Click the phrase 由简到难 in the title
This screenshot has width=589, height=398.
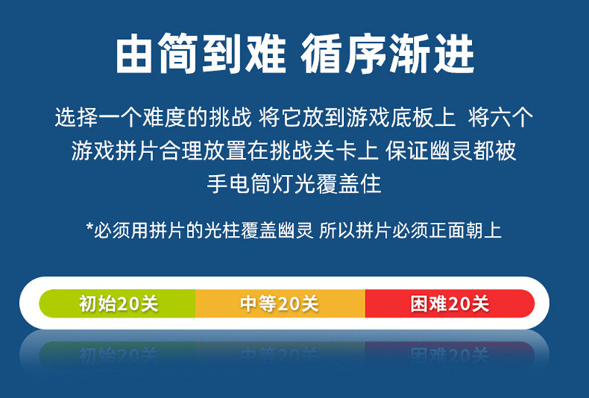point(201,54)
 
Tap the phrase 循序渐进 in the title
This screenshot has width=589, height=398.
point(387,54)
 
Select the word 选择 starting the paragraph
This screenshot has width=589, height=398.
point(77,117)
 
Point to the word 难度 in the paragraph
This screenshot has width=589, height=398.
point(164,117)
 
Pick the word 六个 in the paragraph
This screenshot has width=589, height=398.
point(512,117)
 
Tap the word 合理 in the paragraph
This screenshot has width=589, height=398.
point(181,151)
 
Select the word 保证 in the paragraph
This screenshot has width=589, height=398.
point(408,151)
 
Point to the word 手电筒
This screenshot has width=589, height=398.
point(240,184)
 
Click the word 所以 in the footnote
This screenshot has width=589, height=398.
point(336,230)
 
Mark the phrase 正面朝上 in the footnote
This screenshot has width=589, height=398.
point(465,230)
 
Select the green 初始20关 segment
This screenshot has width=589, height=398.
point(117,303)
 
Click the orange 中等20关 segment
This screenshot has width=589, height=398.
point(281,303)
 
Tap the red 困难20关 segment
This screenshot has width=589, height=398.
point(450,303)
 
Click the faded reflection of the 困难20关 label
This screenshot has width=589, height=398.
point(449,354)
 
